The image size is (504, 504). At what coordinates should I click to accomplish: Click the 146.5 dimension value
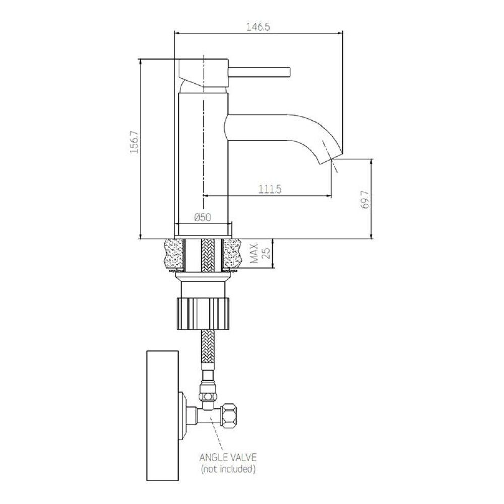click(x=258, y=27)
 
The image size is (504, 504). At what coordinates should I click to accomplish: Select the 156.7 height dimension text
click(x=134, y=142)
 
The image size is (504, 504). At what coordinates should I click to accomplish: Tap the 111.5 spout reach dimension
click(x=270, y=190)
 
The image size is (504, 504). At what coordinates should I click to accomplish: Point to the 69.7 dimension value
click(x=365, y=200)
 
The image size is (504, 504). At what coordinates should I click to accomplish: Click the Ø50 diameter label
click(x=203, y=218)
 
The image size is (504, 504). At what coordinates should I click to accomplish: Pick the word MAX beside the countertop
click(x=254, y=254)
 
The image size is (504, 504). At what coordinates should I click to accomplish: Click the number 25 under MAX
click(x=266, y=254)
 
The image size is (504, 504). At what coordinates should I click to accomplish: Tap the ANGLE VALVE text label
click(x=228, y=457)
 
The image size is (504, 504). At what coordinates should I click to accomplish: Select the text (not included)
click(x=228, y=469)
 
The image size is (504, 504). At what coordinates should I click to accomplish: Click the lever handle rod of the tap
click(x=259, y=72)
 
